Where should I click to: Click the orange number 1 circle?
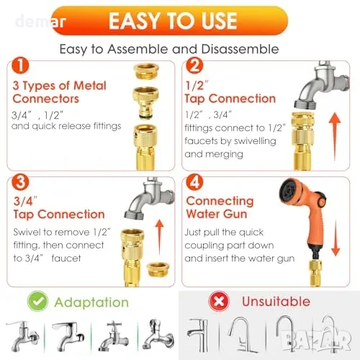click(x=20, y=66)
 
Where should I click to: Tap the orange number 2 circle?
click(x=194, y=66)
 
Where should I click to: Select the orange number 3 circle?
click(x=20, y=182)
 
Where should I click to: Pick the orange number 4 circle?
click(x=194, y=182)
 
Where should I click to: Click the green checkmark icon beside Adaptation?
click(x=37, y=301)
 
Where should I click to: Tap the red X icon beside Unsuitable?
click(x=219, y=301)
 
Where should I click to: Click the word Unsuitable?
click(x=276, y=302)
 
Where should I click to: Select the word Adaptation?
click(x=91, y=302)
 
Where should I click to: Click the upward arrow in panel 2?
click(x=335, y=137)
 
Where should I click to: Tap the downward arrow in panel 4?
click(x=336, y=238)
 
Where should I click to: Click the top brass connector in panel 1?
click(x=146, y=71)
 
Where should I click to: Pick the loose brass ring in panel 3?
click(x=158, y=269)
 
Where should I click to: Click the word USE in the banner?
click(x=219, y=21)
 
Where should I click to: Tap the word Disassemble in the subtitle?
click(x=240, y=49)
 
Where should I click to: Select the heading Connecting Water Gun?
click(x=220, y=207)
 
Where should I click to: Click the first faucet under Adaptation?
click(x=23, y=336)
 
